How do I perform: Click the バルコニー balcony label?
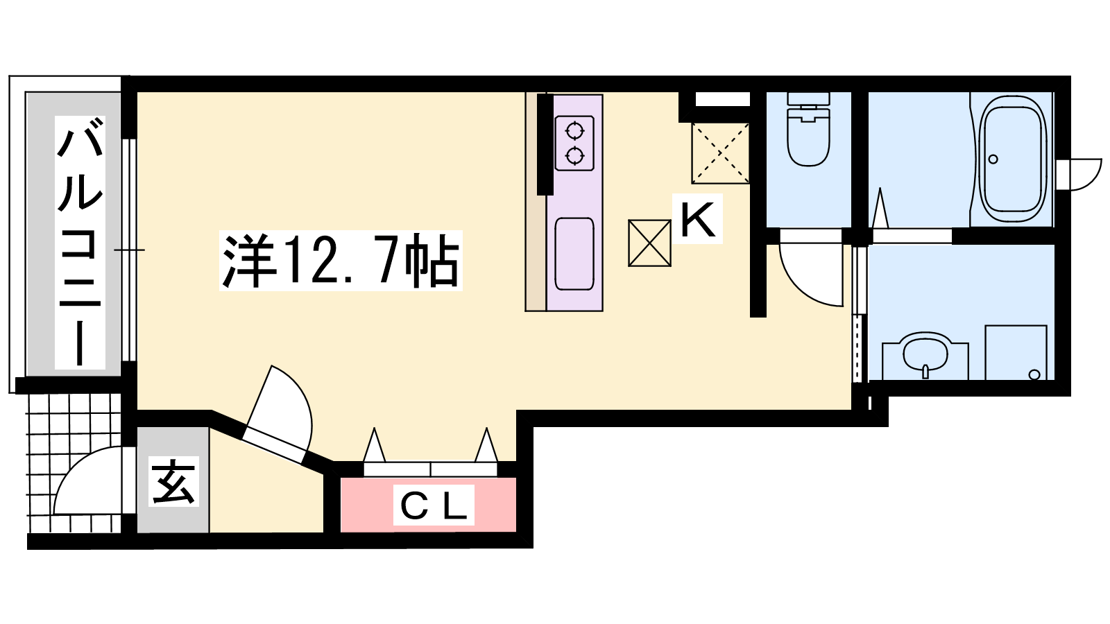coord(80,242)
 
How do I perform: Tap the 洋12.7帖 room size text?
coord(341,261)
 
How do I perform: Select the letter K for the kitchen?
coord(698,219)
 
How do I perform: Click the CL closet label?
coord(434,505)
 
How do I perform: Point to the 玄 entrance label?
coord(173,481)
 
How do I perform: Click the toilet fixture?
coord(808,129)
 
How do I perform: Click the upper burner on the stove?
coord(574,131)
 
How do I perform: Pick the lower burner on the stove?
coord(574,156)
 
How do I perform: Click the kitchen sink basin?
coord(574,254)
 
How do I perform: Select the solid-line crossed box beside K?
coord(649,243)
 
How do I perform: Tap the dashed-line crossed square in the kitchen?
coord(720,153)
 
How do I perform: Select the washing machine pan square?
coord(1016,353)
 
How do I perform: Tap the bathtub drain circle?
coord(993,159)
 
